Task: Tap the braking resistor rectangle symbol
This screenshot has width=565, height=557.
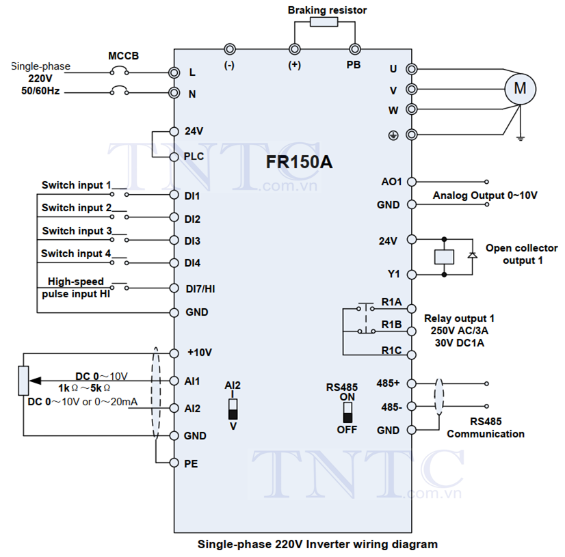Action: click(324, 22)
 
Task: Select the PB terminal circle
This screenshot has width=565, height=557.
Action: click(355, 49)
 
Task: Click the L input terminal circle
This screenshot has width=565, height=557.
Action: click(174, 72)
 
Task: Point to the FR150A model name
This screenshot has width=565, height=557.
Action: click(299, 162)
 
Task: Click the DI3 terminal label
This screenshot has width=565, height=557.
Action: click(192, 241)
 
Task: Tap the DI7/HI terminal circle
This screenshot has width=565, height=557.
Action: click(174, 288)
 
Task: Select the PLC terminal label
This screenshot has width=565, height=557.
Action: click(194, 157)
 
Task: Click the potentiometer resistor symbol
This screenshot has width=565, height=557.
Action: click(23, 381)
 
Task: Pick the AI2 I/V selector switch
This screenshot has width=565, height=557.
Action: click(233, 409)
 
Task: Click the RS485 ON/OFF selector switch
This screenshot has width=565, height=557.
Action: click(347, 412)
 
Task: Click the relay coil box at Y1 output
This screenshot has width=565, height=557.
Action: click(445, 257)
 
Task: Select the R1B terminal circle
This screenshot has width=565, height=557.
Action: click(412, 331)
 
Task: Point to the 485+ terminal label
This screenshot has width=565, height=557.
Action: click(388, 383)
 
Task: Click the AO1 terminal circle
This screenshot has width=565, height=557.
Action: click(412, 182)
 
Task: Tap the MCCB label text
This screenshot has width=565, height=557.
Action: click(123, 56)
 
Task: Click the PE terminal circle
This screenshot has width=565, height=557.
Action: click(174, 463)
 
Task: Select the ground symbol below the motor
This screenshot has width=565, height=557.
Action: click(520, 138)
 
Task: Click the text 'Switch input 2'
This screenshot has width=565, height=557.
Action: click(77, 208)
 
